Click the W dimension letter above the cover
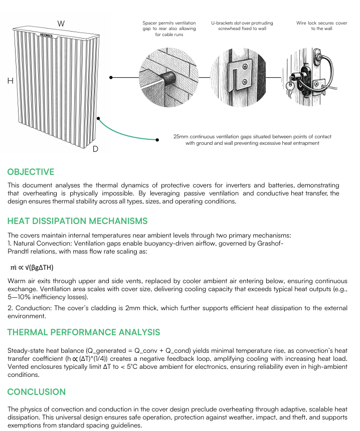click(61, 24)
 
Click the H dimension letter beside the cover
click(10, 81)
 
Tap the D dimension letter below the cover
click(95, 149)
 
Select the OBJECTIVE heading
click(31, 172)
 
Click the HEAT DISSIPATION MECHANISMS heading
click(77, 221)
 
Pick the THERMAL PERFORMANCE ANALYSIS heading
click(84, 332)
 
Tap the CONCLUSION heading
click(37, 391)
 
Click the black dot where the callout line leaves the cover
click(111, 78)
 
